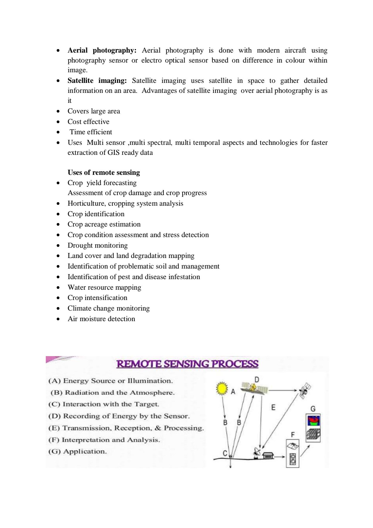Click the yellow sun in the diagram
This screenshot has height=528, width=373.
click(222, 388)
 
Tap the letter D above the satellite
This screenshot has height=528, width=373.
click(257, 380)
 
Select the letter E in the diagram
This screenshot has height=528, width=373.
click(273, 407)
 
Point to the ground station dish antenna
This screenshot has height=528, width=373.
click(257, 452)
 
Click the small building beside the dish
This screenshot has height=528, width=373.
click(268, 456)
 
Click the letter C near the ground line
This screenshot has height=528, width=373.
click(225, 453)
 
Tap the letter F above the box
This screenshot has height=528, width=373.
click(292, 435)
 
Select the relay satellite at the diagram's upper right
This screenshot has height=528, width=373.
click(304, 390)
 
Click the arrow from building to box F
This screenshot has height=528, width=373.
click(280, 457)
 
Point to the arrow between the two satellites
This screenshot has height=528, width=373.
click(283, 390)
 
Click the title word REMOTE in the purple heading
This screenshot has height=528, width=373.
click(139, 364)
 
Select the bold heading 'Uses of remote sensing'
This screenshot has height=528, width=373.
click(104, 172)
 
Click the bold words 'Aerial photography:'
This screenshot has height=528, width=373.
click(102, 51)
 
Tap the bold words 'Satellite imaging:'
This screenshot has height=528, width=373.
click(97, 81)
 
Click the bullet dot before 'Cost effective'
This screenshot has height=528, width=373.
click(58, 122)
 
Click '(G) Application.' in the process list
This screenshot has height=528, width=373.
click(77, 451)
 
